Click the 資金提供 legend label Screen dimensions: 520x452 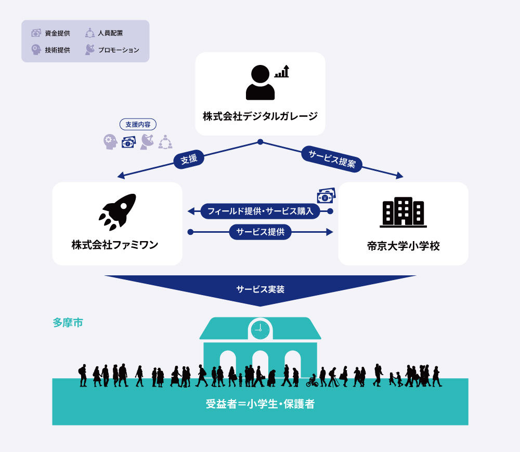57,33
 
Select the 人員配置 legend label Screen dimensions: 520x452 110,33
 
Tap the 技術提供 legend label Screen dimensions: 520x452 57,50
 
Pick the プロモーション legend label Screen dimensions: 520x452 119,50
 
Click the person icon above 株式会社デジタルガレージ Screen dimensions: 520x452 261,83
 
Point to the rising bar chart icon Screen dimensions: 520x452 282,71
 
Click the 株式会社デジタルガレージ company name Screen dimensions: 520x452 261,116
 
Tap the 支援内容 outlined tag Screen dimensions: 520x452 138,124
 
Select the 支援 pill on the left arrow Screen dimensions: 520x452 189,159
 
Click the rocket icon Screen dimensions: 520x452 118,212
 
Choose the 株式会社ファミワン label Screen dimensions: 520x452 115,245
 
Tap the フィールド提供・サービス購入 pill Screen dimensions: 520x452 261,211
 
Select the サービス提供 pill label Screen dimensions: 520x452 261,232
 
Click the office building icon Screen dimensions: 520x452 404,212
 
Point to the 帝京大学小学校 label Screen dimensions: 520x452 404,246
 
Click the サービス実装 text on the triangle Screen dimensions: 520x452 261,289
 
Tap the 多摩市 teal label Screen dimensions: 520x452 68,323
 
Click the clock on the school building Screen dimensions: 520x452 261,329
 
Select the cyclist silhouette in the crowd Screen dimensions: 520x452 312,381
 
